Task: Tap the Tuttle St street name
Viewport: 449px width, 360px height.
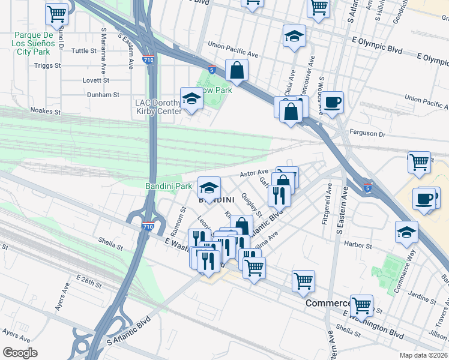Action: click(84, 51)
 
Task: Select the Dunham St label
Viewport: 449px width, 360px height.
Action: click(103, 95)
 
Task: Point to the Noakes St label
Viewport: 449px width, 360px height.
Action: click(45, 110)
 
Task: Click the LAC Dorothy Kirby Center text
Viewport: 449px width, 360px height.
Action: click(158, 107)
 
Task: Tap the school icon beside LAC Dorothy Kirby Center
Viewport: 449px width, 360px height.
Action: click(191, 98)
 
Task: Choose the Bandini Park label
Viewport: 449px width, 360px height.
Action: click(169, 187)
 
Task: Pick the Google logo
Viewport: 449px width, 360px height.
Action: click(20, 353)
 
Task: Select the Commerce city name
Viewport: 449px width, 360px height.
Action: click(327, 304)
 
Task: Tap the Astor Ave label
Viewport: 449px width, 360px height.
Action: click(254, 173)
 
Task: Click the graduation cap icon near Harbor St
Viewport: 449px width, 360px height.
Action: click(406, 232)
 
